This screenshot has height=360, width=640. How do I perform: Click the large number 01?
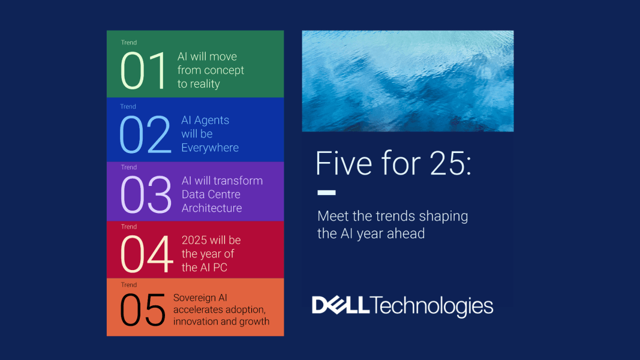143,71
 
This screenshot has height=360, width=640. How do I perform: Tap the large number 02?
146,134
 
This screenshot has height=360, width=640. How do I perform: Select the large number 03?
146,195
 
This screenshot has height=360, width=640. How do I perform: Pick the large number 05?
143,310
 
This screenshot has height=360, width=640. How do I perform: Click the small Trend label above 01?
129,43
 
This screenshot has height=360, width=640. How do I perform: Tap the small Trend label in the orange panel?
129,285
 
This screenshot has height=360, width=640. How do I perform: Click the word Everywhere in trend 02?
210,148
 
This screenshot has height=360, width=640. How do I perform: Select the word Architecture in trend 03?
212,208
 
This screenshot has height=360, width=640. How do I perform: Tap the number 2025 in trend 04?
196,240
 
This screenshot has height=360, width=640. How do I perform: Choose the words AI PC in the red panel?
214,268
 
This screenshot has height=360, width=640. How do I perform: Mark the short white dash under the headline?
326,193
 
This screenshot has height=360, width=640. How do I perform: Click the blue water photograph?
408,81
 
